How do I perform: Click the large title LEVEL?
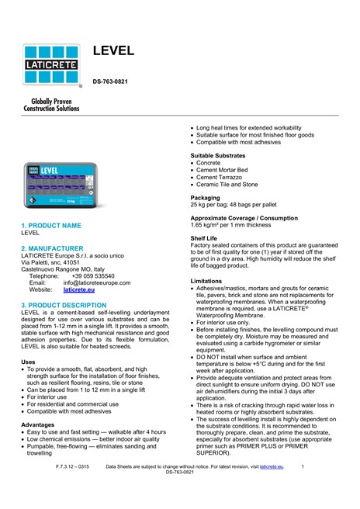(x=114, y=51)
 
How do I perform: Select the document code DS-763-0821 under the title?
(x=116, y=81)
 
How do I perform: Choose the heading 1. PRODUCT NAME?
(x=50, y=225)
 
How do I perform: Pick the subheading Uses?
(x=28, y=362)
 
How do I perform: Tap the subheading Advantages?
(x=38, y=424)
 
